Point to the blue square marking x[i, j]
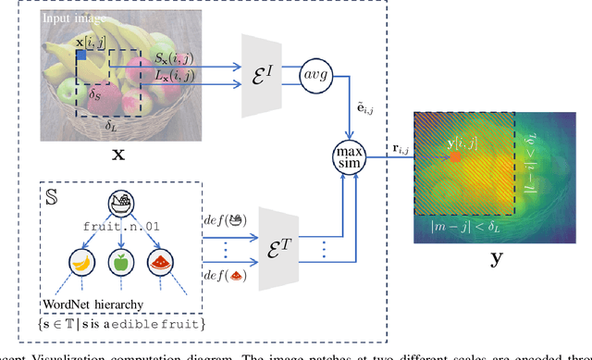pyautogui.click(x=81, y=56)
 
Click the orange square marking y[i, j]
pyautogui.click(x=455, y=157)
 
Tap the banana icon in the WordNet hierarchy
pyautogui.click(x=80, y=264)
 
